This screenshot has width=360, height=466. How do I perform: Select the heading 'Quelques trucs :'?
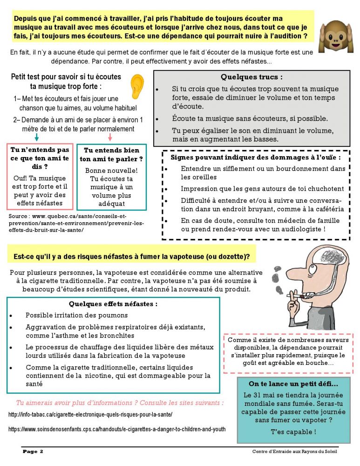coord(251,77)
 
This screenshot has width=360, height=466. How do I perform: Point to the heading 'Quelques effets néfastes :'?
coord(113,304)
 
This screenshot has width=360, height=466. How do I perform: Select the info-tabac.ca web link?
coord(91,414)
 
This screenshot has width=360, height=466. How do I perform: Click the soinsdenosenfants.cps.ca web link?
coord(117,429)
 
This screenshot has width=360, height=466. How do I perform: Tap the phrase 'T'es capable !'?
coord(293,432)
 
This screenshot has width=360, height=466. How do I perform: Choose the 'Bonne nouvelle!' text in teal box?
coord(111,171)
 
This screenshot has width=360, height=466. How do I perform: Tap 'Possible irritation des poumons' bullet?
coord(76,315)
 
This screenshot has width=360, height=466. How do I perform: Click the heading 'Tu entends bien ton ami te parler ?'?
coord(111,155)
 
